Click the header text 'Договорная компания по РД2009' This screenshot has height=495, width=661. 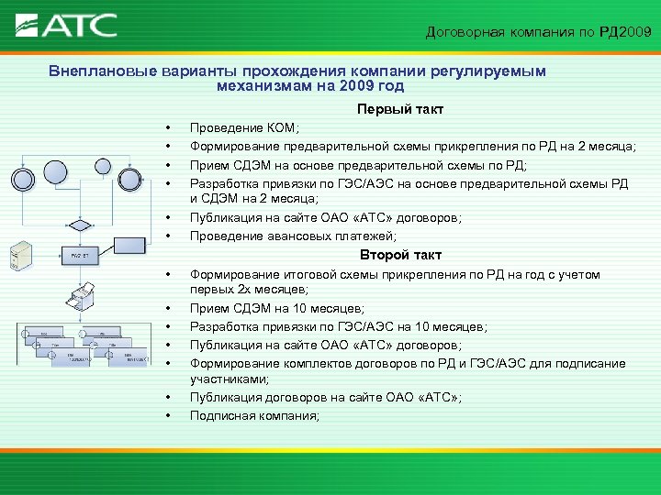538,33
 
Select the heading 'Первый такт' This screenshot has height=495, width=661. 400,109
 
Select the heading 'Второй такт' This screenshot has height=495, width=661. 400,255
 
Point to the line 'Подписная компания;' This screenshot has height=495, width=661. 254,415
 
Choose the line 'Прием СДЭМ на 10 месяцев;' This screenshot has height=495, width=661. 276,309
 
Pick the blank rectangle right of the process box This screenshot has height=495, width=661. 129,245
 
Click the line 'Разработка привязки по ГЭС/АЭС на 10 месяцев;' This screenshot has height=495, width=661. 339,326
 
